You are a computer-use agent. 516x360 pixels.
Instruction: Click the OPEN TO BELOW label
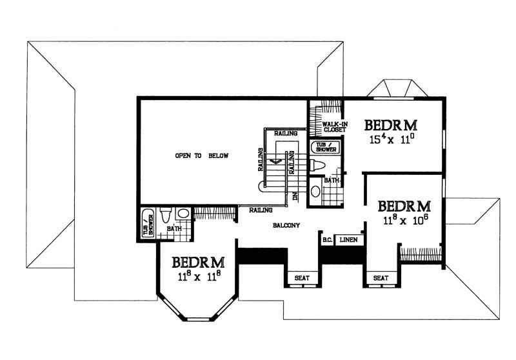(203, 156)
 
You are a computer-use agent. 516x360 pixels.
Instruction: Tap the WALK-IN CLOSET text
(326, 126)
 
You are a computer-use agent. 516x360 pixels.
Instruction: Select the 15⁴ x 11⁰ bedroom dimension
(390, 138)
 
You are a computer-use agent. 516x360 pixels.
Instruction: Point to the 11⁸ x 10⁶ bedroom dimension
(404, 219)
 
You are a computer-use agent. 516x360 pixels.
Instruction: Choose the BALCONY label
(284, 226)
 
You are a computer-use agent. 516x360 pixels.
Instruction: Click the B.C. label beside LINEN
(327, 239)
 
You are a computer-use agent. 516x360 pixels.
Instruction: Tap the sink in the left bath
(183, 213)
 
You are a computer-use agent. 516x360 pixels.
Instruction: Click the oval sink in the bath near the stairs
(315, 191)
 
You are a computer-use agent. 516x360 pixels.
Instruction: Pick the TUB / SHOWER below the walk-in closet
(324, 148)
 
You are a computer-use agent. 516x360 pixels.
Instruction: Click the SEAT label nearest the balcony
(301, 278)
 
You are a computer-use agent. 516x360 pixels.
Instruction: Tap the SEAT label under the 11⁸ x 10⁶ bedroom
(381, 278)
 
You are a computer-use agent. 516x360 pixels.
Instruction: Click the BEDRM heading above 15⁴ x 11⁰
(390, 124)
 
